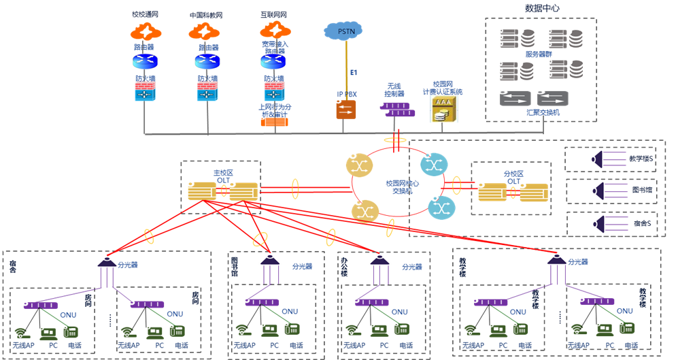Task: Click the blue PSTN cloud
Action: coord(344,31)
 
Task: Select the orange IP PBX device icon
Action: coord(346,110)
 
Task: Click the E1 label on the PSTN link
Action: coord(354,72)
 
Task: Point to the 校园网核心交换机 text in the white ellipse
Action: coord(402,186)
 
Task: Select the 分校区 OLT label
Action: coord(513,176)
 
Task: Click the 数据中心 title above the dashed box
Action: coord(542,8)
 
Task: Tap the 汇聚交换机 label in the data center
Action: coord(543,112)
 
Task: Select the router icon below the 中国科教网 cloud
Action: coord(207,62)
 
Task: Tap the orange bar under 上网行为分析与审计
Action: coord(274,122)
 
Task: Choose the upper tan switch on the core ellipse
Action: coord(359,165)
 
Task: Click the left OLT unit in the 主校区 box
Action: coord(202,191)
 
